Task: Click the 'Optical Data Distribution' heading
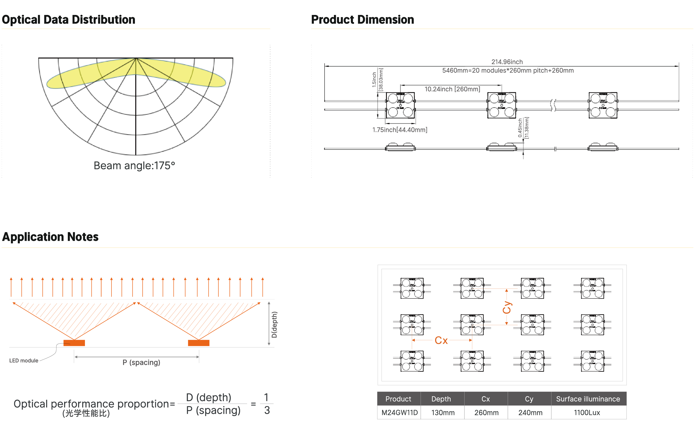click(68, 20)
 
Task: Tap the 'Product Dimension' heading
click(362, 20)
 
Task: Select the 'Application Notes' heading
click(50, 237)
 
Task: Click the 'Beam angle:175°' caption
click(134, 166)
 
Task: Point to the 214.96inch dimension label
click(507, 62)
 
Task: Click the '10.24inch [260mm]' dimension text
click(452, 89)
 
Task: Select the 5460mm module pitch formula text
click(508, 70)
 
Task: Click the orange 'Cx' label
click(441, 340)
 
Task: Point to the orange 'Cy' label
click(507, 307)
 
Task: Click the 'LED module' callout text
click(24, 360)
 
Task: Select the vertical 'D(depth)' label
click(274, 325)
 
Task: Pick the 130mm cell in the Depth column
click(443, 413)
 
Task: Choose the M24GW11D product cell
click(399, 413)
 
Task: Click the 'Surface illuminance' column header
click(588, 399)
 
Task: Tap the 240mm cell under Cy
click(530, 413)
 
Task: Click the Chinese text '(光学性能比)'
click(86, 413)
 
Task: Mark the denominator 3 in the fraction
click(267, 410)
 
